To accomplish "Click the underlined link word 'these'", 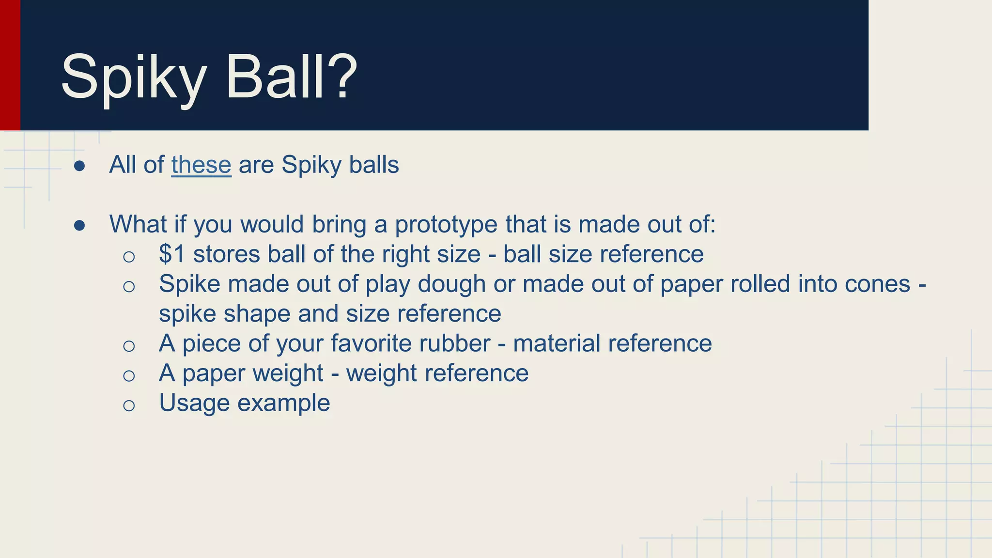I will [x=201, y=165].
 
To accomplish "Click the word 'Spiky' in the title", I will [x=134, y=77].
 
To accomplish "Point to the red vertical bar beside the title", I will [x=10, y=65].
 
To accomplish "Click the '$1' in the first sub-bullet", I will [x=172, y=254].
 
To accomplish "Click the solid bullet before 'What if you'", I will [x=80, y=226].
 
